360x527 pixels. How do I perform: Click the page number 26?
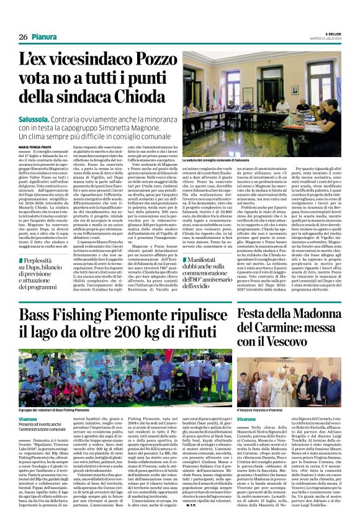point(23,37)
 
